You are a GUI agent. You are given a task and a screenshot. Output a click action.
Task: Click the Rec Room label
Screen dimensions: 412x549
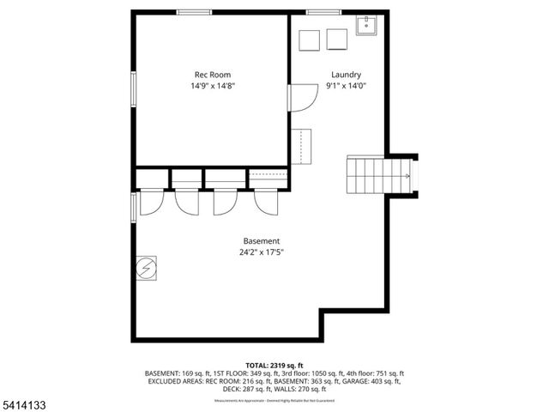pos(211,75)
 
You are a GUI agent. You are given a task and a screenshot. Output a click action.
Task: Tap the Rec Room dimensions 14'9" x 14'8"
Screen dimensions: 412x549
pos(212,86)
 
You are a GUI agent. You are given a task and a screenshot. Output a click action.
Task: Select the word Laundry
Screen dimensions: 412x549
pos(346,75)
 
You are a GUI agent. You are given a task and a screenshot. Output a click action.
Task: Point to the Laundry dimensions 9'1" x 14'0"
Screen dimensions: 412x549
pos(346,86)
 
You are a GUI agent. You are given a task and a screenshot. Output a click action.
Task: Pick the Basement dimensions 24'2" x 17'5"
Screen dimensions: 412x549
pos(261,252)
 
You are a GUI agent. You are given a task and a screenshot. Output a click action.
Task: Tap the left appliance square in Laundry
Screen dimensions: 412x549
pos(308,39)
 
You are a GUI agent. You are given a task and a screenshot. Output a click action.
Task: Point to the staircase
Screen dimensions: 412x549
pos(377,175)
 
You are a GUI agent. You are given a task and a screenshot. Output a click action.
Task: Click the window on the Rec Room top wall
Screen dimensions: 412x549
pos(194,12)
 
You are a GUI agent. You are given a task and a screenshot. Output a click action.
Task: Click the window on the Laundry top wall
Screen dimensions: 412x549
pos(321,12)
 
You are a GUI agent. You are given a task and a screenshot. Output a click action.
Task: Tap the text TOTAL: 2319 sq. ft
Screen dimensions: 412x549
pos(274,365)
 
